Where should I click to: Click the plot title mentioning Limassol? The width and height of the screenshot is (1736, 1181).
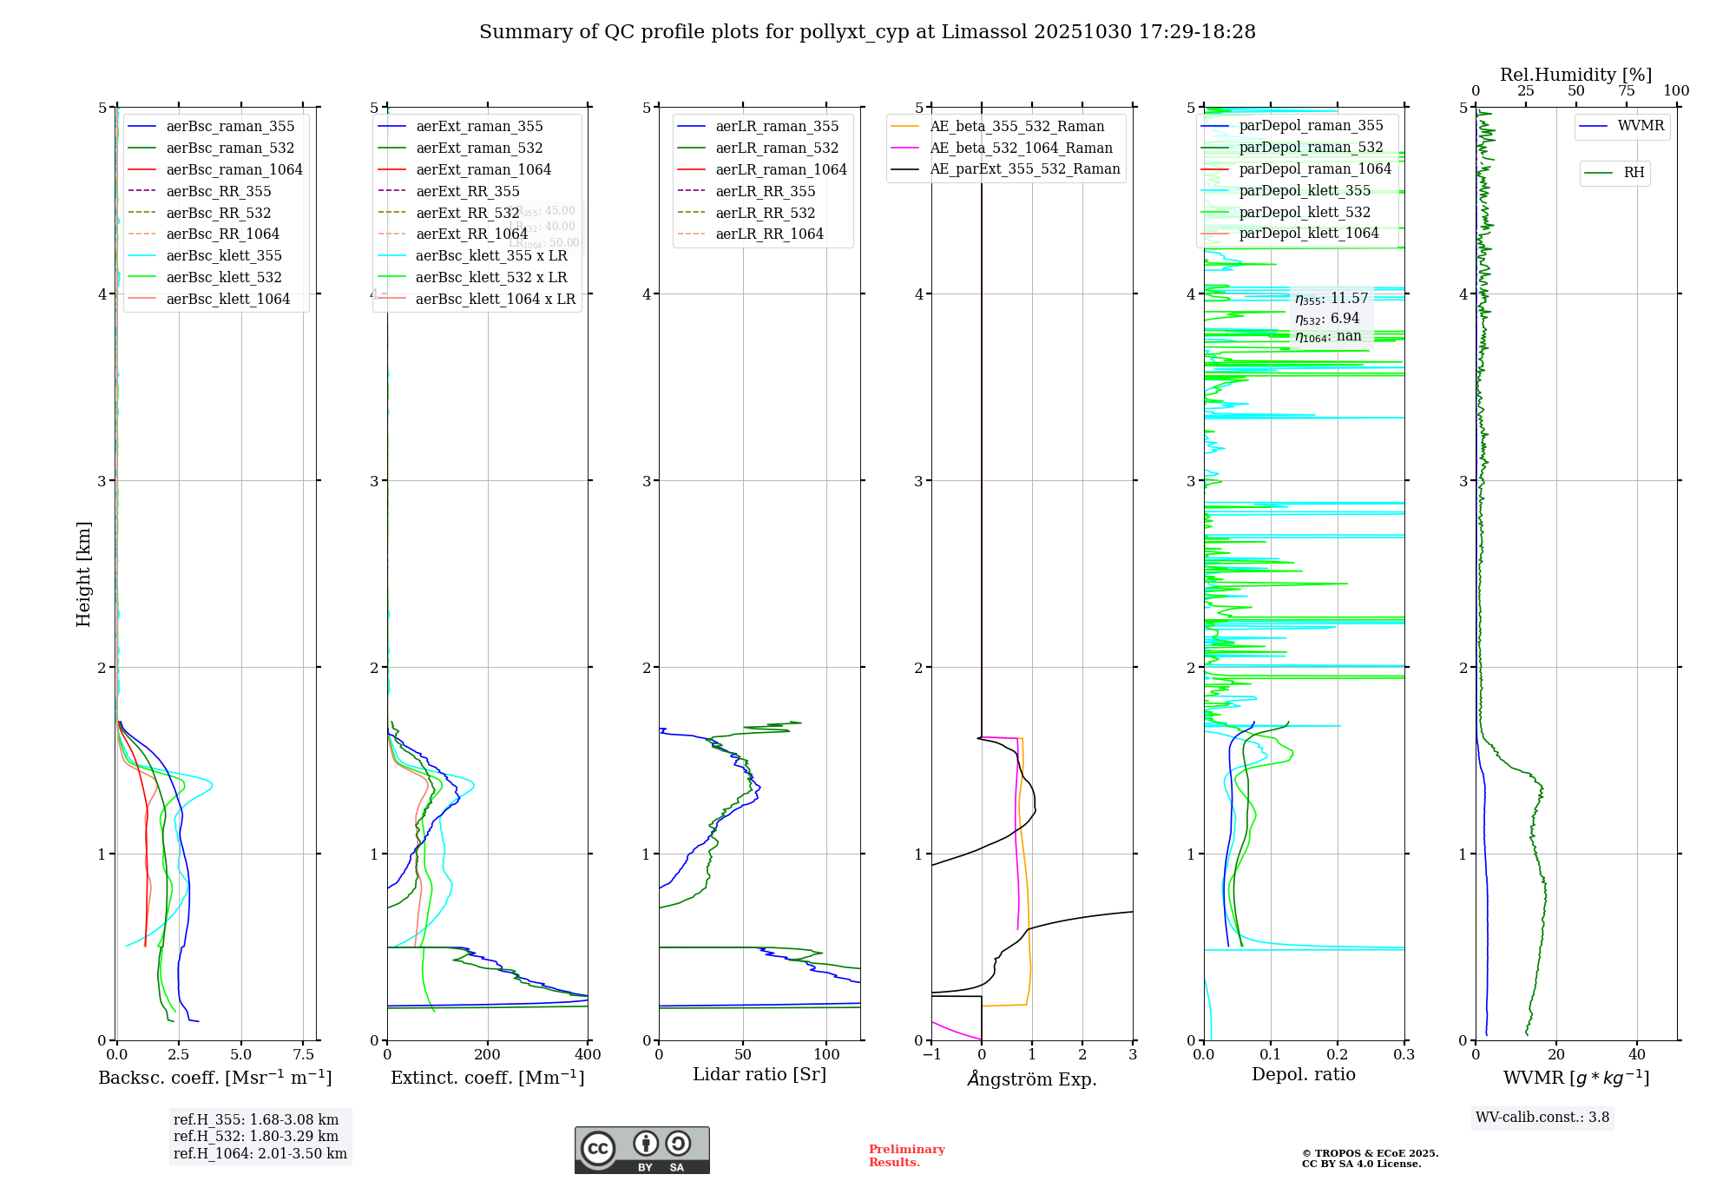[867, 32]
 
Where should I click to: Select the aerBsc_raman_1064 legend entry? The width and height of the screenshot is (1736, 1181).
[234, 169]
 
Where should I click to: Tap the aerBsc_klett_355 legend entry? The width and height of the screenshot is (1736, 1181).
[224, 255]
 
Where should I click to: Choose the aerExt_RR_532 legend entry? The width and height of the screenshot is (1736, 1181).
[467, 213]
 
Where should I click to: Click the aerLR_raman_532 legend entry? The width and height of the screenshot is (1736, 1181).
[777, 148]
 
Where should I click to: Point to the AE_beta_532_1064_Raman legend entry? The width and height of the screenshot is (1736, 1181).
[1021, 148]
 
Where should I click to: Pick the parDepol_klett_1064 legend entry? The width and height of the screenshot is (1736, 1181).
[1309, 233]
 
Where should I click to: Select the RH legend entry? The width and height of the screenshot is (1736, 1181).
[1634, 173]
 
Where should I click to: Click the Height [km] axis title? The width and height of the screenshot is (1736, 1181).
[83, 574]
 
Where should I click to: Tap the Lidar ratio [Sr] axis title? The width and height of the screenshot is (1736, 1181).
[759, 1074]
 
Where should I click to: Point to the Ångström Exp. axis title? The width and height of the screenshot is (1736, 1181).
[1032, 1079]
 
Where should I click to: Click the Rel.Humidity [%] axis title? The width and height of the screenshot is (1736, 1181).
[1575, 75]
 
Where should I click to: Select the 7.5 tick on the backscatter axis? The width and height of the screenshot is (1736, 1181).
[304, 1055]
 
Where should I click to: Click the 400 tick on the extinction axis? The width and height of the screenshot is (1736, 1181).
[588, 1055]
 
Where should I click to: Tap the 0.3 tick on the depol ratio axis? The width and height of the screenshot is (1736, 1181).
[1404, 1055]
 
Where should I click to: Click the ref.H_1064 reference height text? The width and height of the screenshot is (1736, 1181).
[260, 1153]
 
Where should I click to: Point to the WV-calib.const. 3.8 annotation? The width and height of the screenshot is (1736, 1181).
[1542, 1117]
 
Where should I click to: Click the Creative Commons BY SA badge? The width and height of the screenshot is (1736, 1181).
[641, 1150]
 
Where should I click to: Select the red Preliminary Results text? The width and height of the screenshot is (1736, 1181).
[906, 1155]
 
